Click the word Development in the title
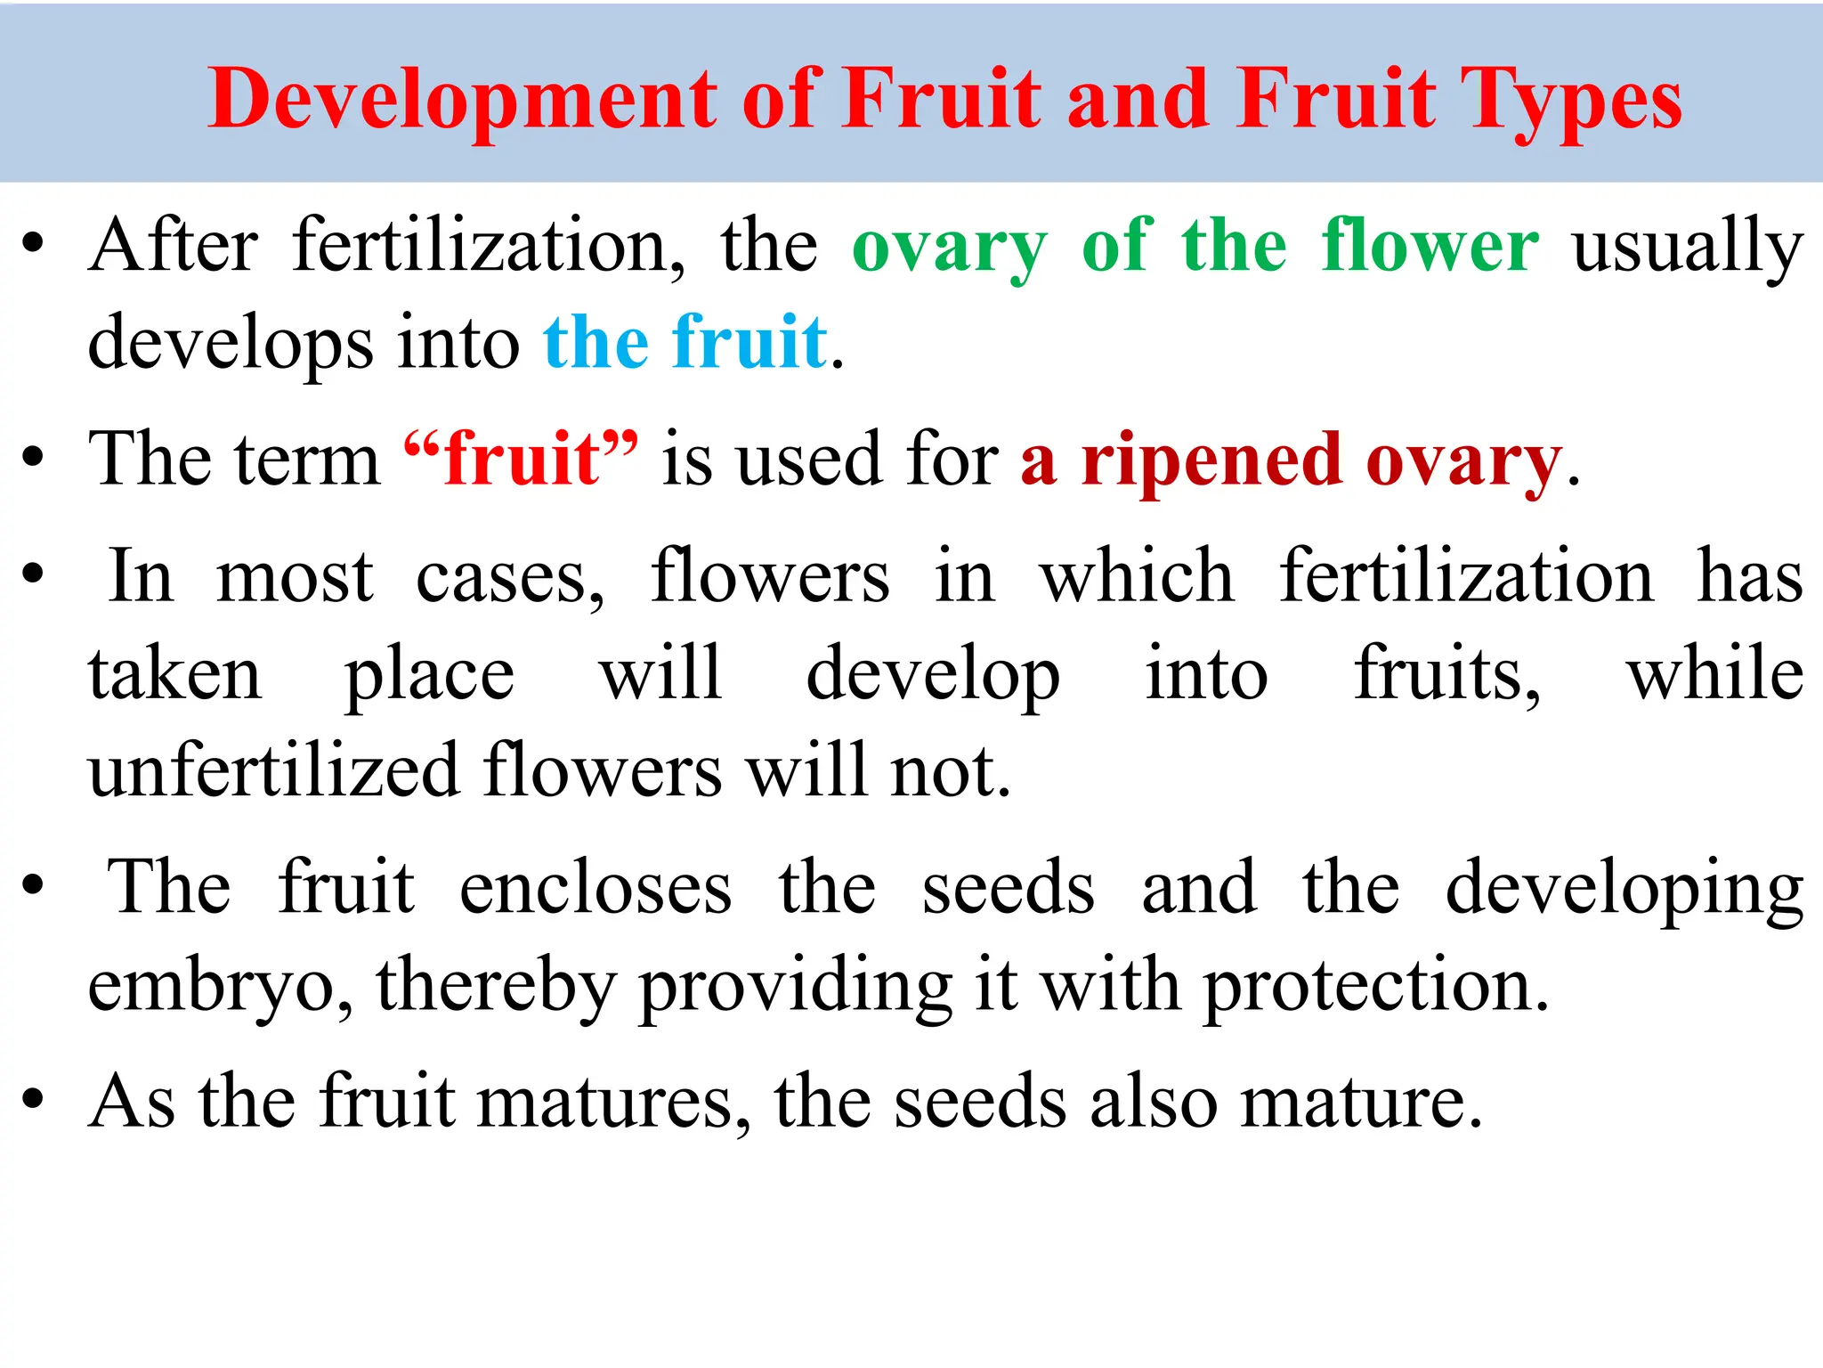(x=463, y=100)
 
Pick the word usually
(x=1688, y=248)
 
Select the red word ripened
(x=1211, y=461)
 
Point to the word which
(x=1138, y=577)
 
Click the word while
(x=1714, y=673)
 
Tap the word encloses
(x=596, y=889)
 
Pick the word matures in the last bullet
(x=614, y=1103)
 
